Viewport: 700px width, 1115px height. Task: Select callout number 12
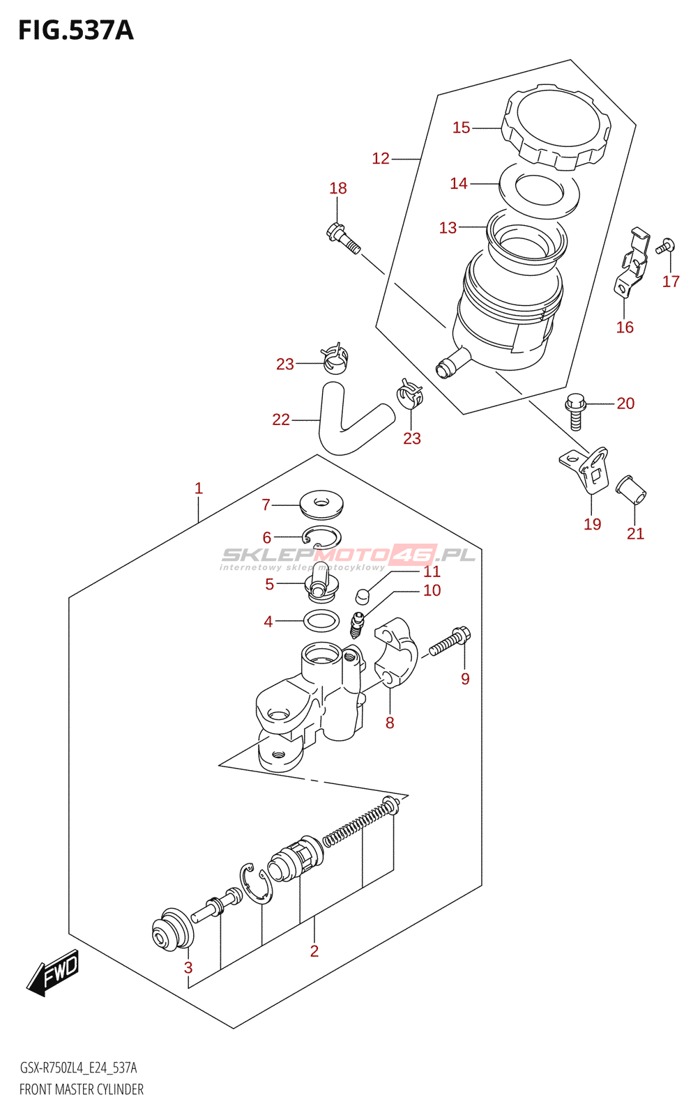[380, 159]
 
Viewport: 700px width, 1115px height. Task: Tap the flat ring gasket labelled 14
[539, 188]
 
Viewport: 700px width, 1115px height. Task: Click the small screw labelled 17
[664, 246]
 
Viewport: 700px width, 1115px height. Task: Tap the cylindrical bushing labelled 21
[632, 490]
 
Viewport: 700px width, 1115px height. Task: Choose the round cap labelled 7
[321, 505]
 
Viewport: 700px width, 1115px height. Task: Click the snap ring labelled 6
[321, 537]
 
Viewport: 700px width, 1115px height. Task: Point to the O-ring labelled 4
[321, 620]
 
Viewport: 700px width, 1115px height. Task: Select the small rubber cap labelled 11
[362, 596]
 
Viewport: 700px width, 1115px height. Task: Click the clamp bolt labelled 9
[449, 641]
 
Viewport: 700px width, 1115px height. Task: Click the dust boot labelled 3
[172, 930]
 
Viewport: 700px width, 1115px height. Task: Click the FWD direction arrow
[54, 971]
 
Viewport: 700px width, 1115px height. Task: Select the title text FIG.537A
[75, 30]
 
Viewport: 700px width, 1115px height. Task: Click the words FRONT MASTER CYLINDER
[82, 1089]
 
